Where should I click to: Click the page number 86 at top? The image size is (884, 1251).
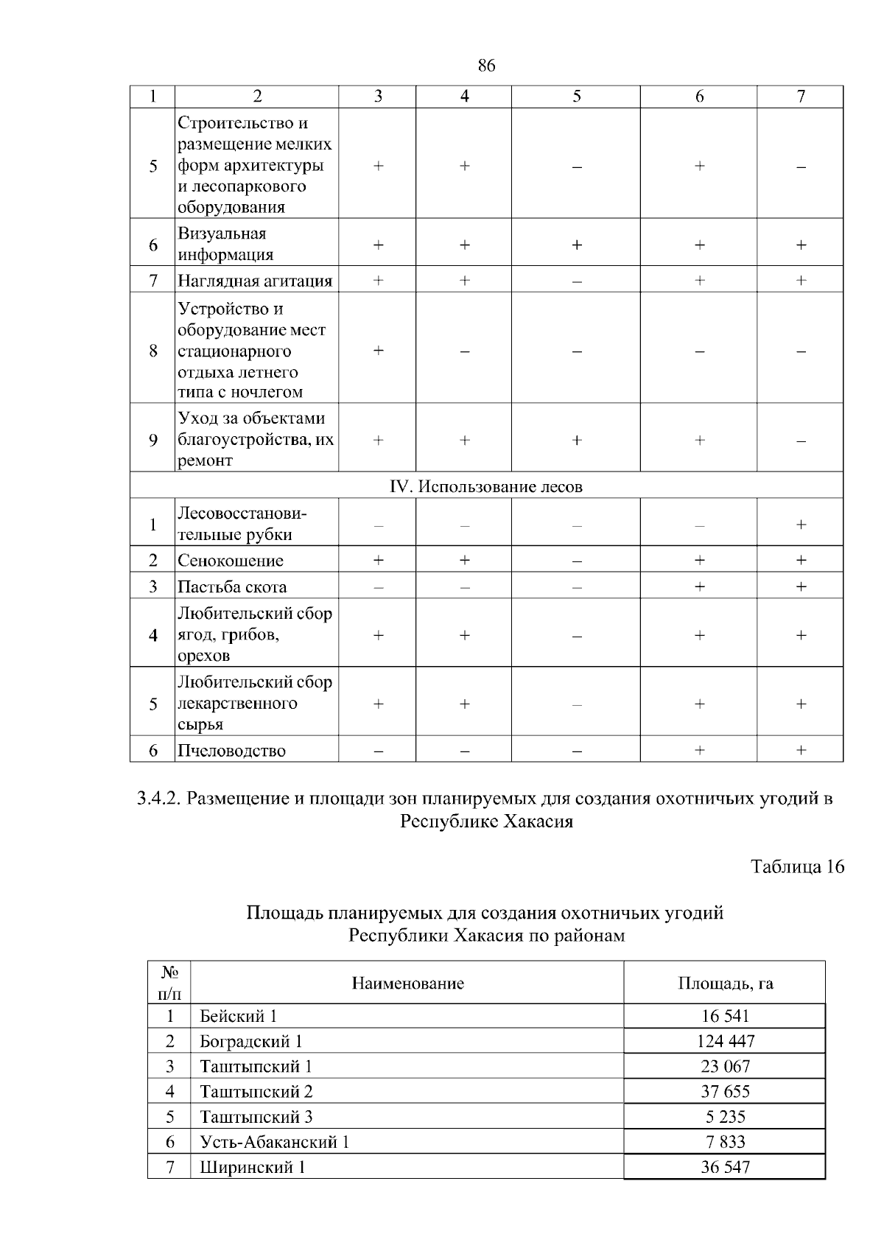pyautogui.click(x=486, y=66)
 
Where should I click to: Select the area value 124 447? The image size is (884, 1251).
pyautogui.click(x=725, y=1041)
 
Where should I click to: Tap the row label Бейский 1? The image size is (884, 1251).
pyautogui.click(x=238, y=1016)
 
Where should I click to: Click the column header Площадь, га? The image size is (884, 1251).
pyautogui.click(x=725, y=983)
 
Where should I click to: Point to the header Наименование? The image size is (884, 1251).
pyautogui.click(x=407, y=983)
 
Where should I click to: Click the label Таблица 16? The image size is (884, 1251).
pyautogui.click(x=797, y=866)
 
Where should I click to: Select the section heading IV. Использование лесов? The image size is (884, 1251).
pyautogui.click(x=486, y=486)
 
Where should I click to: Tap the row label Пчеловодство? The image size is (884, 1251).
pyautogui.click(x=231, y=751)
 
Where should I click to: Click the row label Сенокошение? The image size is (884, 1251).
pyautogui.click(x=230, y=561)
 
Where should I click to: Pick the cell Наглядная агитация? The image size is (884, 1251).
pyautogui.click(x=255, y=281)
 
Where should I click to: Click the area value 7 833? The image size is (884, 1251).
pyautogui.click(x=725, y=1142)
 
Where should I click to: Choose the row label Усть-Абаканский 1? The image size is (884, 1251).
pyautogui.click(x=274, y=1142)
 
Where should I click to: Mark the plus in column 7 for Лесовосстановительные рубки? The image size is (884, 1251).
pyautogui.click(x=801, y=525)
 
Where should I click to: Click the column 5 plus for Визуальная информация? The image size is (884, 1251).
pyautogui.click(x=576, y=245)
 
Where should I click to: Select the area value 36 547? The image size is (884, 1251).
pyautogui.click(x=725, y=1167)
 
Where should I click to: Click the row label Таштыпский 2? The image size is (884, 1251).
pyautogui.click(x=256, y=1091)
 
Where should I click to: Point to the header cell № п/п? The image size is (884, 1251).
pyautogui.click(x=169, y=983)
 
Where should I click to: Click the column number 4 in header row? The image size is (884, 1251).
pyautogui.click(x=464, y=97)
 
